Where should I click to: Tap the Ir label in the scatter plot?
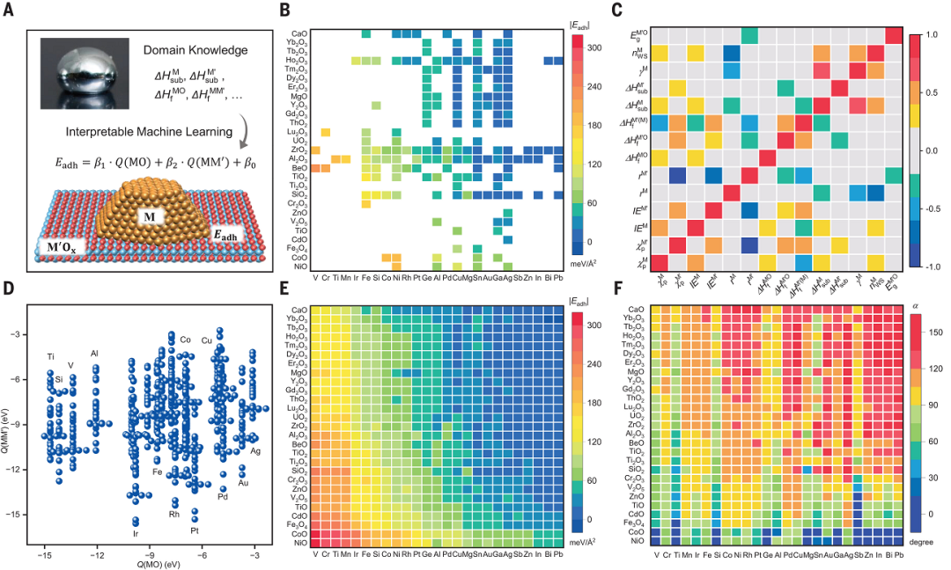pos(136,533)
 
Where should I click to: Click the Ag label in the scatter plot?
pos(255,451)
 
